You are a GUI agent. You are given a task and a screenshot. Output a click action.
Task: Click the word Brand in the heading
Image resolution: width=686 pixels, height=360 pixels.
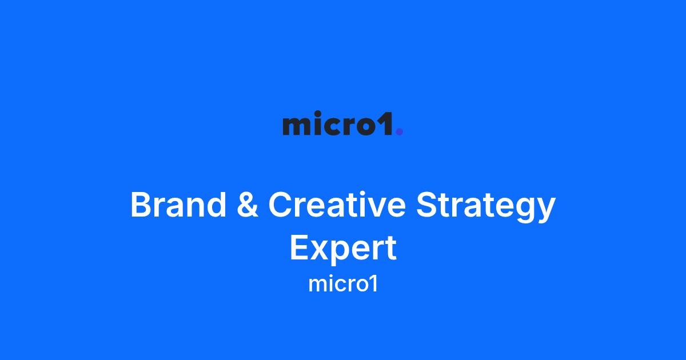(178, 204)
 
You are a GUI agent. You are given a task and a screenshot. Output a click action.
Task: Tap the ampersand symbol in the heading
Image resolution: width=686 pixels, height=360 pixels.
(248, 205)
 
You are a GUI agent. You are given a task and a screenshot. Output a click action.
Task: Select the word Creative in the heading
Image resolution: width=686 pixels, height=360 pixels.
(337, 204)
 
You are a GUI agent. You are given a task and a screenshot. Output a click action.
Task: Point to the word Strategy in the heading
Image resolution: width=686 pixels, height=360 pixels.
(486, 207)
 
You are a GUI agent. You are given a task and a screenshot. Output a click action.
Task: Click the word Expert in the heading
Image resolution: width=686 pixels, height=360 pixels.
(343, 248)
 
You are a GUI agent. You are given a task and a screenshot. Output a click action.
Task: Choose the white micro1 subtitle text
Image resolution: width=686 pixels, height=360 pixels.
(343, 285)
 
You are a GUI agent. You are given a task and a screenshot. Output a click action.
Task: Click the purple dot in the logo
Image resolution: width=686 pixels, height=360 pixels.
(400, 131)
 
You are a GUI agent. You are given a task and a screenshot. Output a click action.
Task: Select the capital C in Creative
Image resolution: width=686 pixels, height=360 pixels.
(280, 205)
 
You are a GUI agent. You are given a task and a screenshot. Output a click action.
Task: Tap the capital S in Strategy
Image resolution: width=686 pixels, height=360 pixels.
(427, 205)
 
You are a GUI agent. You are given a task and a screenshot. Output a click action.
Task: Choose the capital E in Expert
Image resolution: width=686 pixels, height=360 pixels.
(299, 247)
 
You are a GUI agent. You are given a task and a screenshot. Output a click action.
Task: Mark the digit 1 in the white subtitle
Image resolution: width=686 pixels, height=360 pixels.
(374, 285)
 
